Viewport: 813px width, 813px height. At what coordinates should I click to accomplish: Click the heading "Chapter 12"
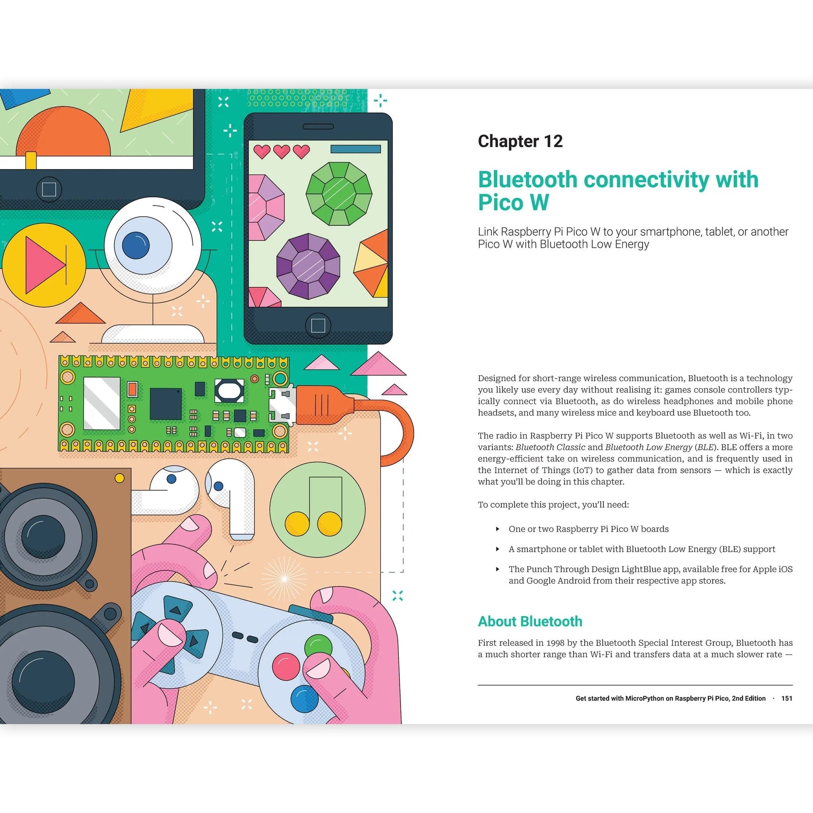tap(520, 141)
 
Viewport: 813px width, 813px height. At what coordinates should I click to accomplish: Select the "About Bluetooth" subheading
tap(530, 621)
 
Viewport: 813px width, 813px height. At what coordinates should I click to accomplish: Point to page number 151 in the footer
tap(786, 698)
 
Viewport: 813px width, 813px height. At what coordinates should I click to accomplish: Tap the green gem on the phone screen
tap(339, 194)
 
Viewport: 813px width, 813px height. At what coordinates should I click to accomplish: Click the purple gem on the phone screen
tap(308, 266)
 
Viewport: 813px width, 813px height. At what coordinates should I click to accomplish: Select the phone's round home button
tap(318, 325)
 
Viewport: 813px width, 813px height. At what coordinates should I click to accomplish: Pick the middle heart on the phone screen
tap(282, 151)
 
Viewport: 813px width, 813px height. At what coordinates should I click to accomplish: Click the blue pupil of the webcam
tap(136, 245)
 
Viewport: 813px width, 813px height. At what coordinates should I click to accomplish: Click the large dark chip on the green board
tap(165, 403)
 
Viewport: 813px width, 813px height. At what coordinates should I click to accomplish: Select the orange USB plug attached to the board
tap(323, 405)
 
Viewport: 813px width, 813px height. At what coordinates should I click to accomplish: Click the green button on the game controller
tap(318, 645)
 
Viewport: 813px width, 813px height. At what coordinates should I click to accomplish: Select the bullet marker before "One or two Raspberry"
tap(497, 529)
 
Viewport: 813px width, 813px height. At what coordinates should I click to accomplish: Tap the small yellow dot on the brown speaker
tap(120, 478)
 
